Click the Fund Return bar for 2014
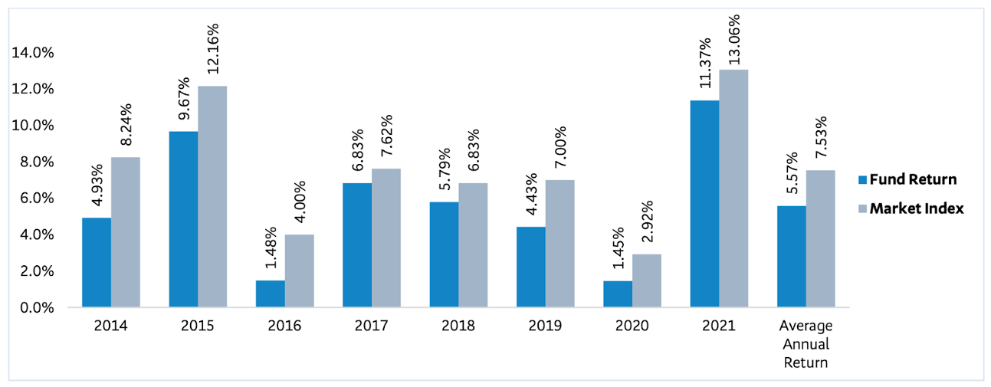[x=97, y=262]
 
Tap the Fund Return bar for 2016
[x=271, y=294]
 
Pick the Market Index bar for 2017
[x=386, y=238]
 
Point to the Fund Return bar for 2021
[x=705, y=204]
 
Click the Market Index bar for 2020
[x=647, y=280]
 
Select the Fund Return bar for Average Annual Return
[x=792, y=256]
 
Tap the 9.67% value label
[x=183, y=99]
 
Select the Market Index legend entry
[x=910, y=208]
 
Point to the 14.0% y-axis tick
[x=33, y=53]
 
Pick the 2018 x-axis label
[x=458, y=326]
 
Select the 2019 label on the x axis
[x=545, y=326]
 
